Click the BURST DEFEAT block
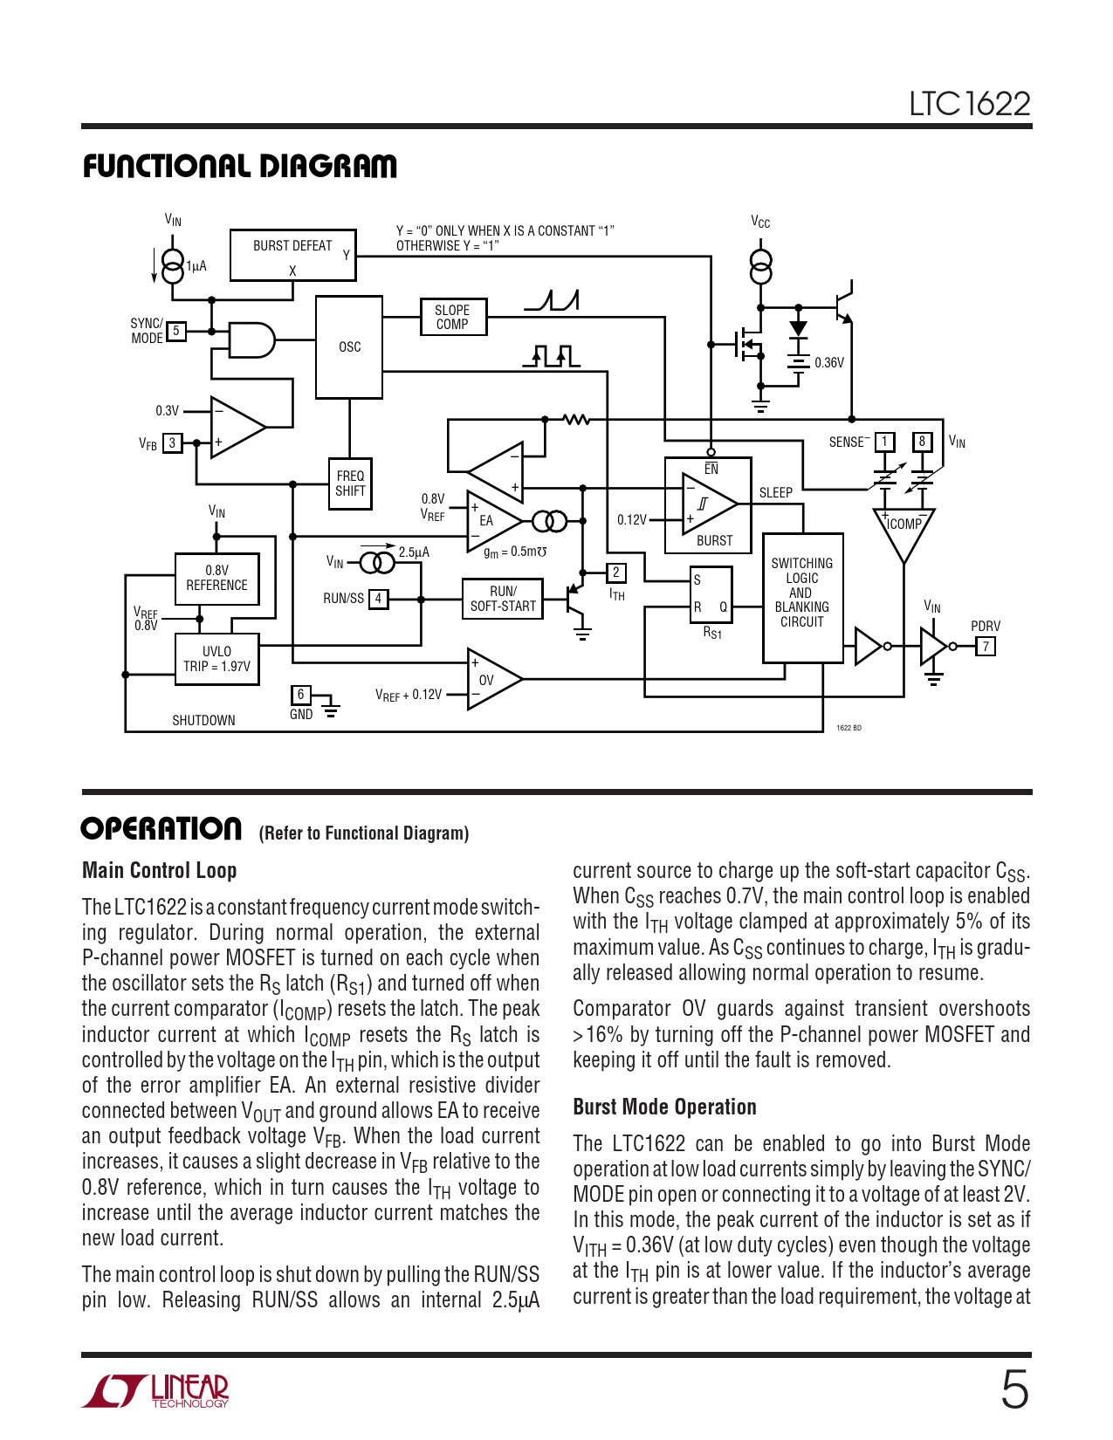[292, 254]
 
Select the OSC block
[349, 346]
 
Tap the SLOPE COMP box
[452, 317]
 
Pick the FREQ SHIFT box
[350, 483]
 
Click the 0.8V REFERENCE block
[216, 578]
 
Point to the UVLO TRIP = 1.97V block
[216, 659]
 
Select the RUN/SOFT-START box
[503, 599]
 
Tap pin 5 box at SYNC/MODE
[176, 332]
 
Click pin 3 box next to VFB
[173, 443]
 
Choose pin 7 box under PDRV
[986, 647]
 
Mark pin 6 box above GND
[300, 695]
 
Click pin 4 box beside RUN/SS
[378, 599]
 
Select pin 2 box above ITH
[616, 573]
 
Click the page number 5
[1014, 1389]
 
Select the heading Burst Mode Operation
[664, 1107]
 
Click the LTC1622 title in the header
[969, 104]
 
